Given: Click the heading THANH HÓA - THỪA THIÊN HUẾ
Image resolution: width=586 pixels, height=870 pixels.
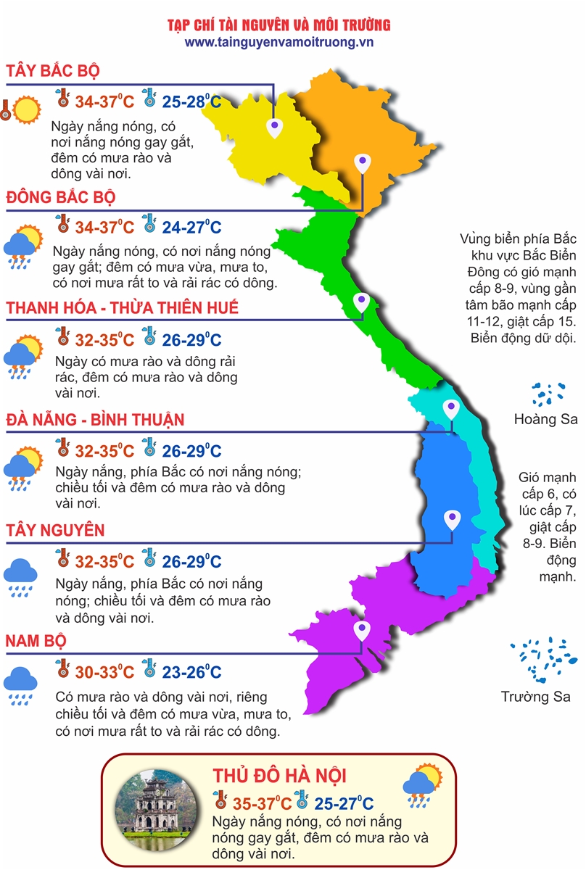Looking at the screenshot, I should (123, 308).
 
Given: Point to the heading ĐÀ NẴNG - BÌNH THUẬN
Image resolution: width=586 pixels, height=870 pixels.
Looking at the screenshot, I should (95, 420).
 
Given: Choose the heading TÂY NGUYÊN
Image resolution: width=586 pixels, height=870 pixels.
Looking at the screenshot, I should (55, 531).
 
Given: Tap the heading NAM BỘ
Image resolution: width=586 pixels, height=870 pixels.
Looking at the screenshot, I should (36, 641).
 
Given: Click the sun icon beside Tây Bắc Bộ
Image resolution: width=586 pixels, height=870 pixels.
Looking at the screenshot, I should (26, 109).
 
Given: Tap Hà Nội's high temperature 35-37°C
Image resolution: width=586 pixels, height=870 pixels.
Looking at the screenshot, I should (262, 803).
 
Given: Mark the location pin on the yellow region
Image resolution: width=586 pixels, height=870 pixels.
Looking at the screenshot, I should (274, 128).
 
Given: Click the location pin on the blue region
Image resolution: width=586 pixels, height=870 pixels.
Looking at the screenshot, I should (451, 518).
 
